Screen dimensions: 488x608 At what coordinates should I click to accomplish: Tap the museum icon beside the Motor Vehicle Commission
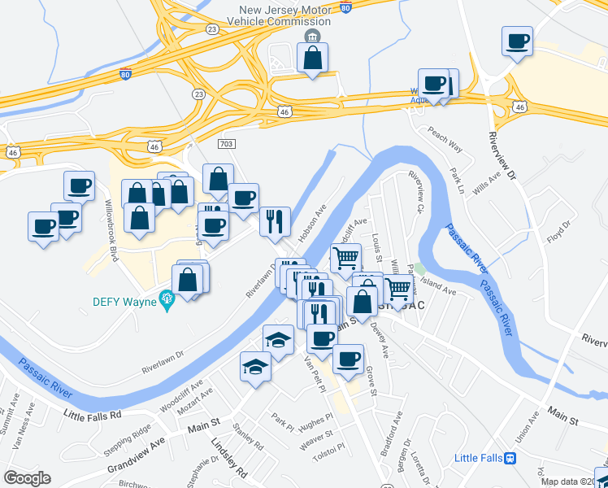pos(311,37)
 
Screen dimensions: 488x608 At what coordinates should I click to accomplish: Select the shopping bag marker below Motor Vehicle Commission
pos(312,59)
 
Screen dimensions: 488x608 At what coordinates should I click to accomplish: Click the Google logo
pos(27,478)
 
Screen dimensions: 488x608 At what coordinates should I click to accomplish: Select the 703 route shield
pos(227,143)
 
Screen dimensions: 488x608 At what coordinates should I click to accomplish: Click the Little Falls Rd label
pos(92,415)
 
